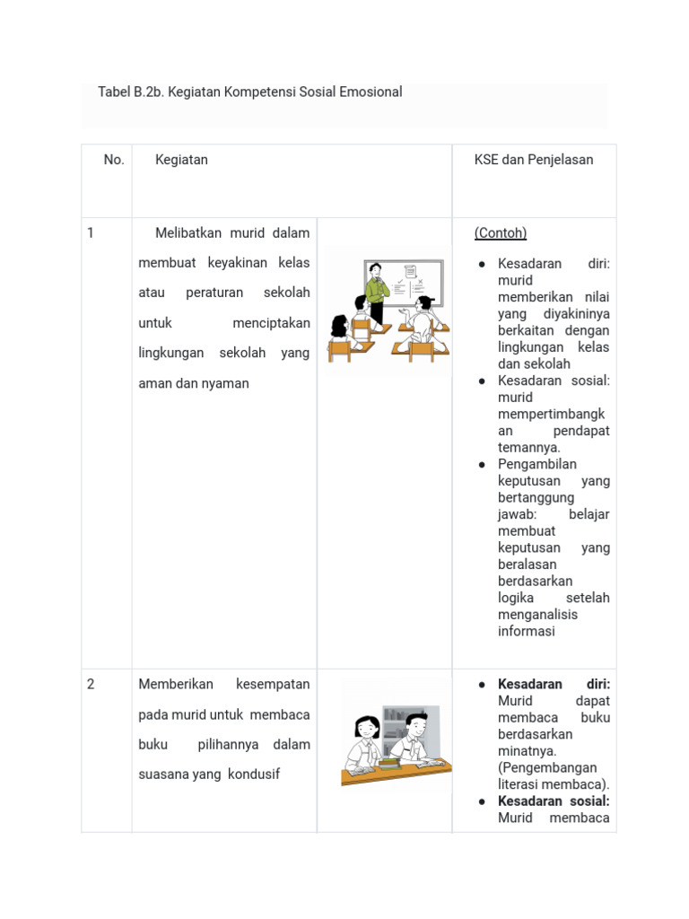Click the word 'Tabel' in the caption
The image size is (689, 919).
coord(114,92)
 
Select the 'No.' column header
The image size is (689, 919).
coord(114,160)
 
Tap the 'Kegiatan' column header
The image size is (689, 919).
coord(181,160)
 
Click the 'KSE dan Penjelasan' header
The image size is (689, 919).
coord(533,160)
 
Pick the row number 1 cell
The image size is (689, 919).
coord(91,233)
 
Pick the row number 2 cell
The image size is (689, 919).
coord(91,685)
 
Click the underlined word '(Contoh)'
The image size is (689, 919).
coord(500,233)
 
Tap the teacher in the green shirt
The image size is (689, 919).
coord(375,292)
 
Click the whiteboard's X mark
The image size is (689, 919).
coord(420,281)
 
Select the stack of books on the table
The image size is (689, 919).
coord(388,763)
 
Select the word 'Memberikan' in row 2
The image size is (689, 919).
coord(176,685)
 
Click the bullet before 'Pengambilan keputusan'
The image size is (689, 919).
coord(482,465)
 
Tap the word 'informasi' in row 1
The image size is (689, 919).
coord(527,632)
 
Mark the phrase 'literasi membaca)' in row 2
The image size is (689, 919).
coord(554,784)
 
